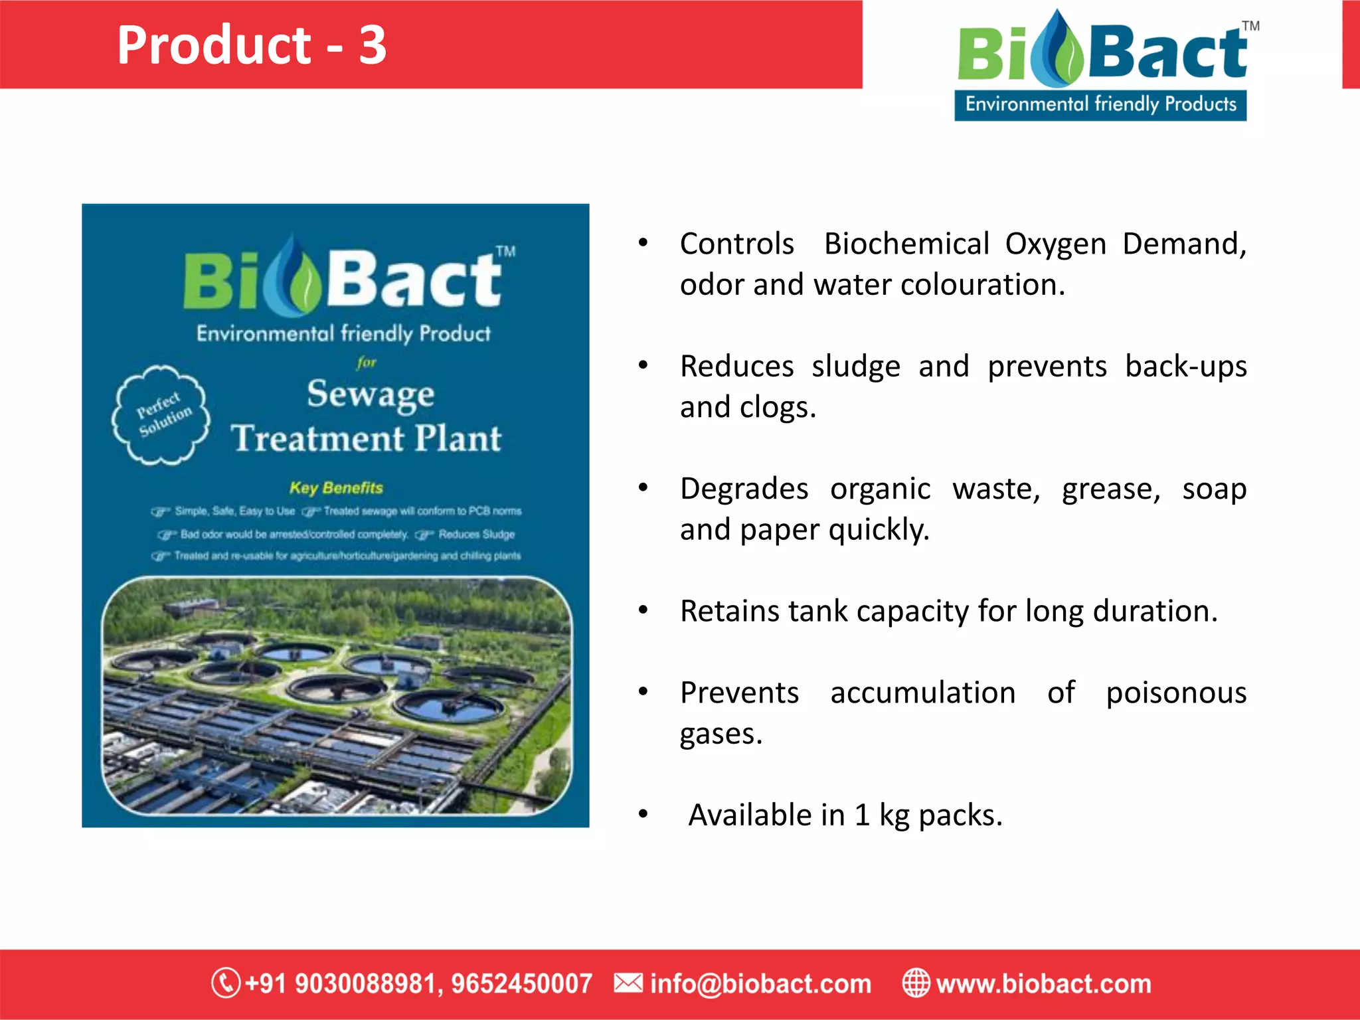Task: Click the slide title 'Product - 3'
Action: point(251,45)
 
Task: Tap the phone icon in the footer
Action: point(226,983)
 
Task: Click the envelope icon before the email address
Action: point(628,983)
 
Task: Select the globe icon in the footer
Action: point(916,983)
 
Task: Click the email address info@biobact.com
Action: point(760,983)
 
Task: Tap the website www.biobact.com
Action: point(1043,983)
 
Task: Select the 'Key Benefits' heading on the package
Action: point(336,488)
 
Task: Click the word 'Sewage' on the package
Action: point(371,394)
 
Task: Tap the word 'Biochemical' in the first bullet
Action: point(906,244)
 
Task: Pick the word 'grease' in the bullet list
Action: point(1110,489)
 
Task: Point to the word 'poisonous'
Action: point(1176,693)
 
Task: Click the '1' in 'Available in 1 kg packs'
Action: point(862,815)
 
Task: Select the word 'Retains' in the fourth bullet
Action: point(729,611)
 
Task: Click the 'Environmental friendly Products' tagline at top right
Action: point(1100,105)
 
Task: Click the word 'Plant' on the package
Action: point(458,439)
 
